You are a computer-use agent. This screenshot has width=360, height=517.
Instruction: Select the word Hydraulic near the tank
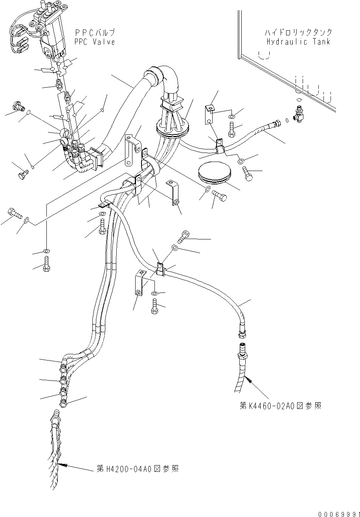click(284, 42)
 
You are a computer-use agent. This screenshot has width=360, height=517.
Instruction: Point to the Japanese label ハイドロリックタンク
click(299, 33)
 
